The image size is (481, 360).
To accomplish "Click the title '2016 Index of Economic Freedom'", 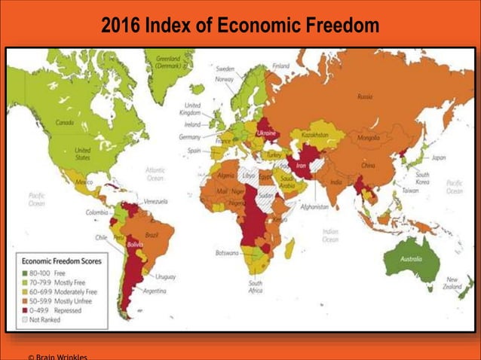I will pos(240,26).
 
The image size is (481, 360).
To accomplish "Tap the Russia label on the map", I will pos(365,96).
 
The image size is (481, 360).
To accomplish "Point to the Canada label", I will pos(65,121).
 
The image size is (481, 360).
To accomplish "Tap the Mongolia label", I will pos(368,138).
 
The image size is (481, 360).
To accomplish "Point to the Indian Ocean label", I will pos(329,235).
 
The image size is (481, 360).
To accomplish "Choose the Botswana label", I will pos(227,252).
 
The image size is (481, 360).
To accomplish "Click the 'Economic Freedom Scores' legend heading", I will pos(62,261).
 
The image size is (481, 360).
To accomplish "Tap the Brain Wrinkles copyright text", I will pos(57,356).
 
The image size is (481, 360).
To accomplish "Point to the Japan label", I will pos(438,157).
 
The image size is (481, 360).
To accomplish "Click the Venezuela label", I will pos(155,201).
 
